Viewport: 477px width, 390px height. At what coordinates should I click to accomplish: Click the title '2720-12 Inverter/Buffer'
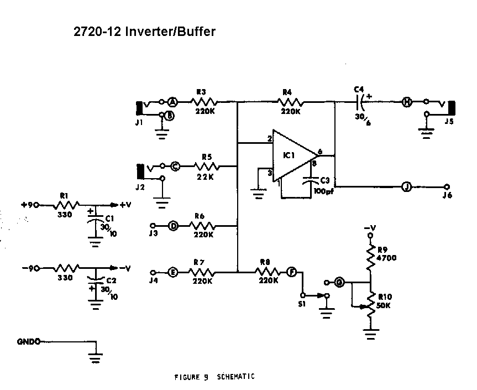click(x=144, y=32)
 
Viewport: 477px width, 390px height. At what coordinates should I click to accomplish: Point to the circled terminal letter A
click(x=172, y=102)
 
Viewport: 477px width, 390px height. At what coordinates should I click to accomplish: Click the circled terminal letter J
click(x=406, y=187)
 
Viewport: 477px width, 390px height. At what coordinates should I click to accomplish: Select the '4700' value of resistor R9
click(x=386, y=257)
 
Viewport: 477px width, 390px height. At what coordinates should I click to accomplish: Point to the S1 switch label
click(x=302, y=304)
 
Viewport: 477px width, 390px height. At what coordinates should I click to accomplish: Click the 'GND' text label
click(x=28, y=342)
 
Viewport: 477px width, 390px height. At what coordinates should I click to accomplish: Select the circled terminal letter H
click(x=406, y=102)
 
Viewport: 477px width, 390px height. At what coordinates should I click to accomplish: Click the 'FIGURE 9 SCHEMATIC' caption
click(x=214, y=377)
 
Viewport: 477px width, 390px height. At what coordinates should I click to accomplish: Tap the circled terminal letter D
click(x=173, y=226)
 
